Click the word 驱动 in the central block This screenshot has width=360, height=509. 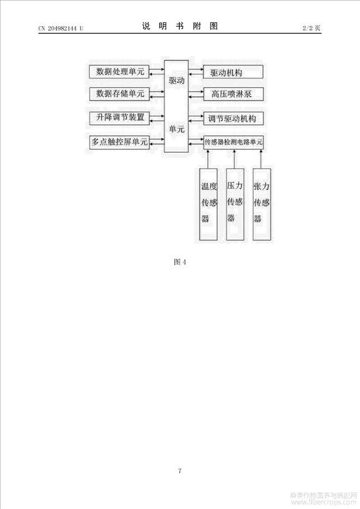176,81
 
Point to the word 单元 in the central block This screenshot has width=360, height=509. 176,129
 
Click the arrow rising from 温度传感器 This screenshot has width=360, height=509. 208,159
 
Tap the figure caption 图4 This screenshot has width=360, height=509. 180,262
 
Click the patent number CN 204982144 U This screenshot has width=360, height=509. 61,28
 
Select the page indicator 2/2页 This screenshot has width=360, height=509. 311,28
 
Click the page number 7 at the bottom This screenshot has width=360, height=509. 180,471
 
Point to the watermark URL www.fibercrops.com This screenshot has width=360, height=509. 324,502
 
